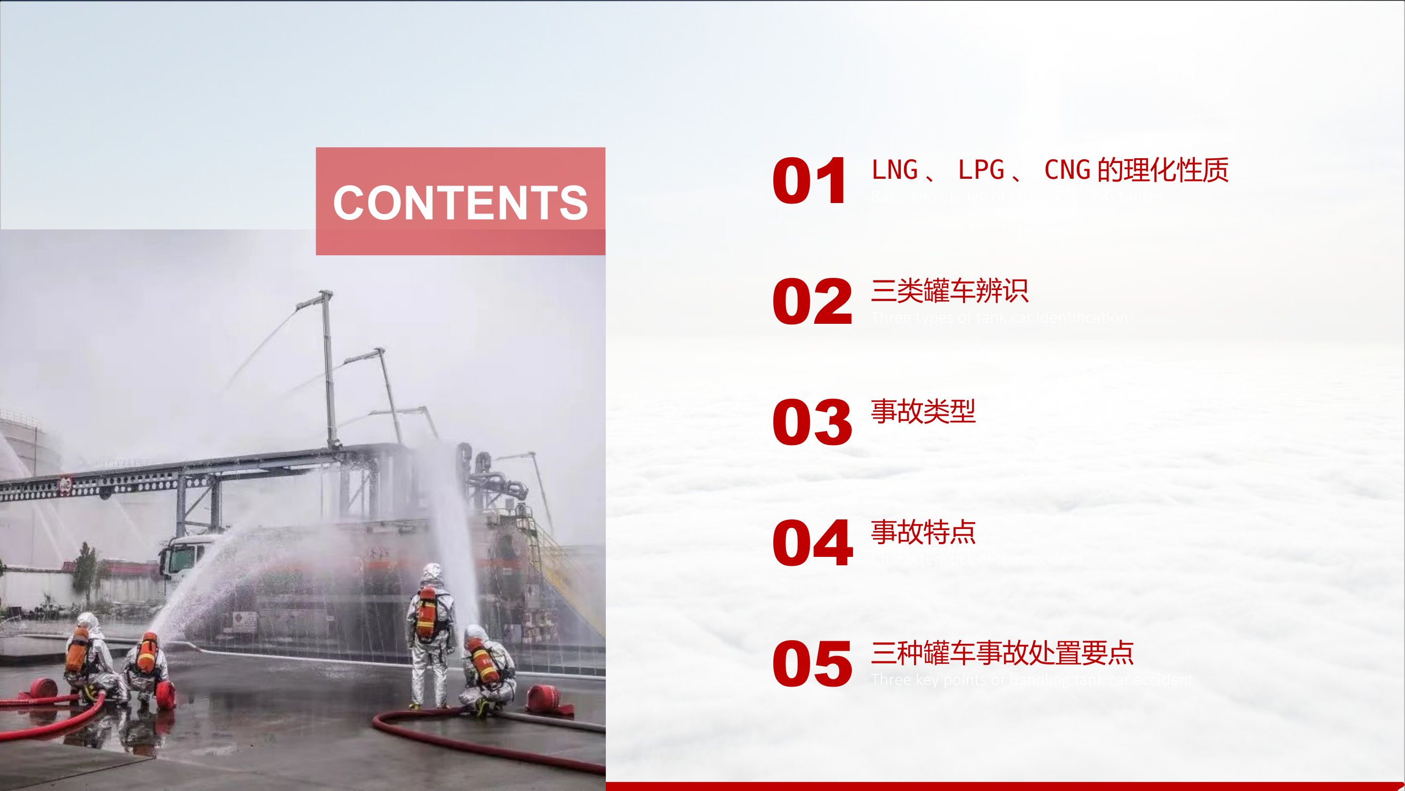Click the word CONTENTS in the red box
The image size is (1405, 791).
pyautogui.click(x=460, y=202)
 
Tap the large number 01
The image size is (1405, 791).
pyautogui.click(x=809, y=181)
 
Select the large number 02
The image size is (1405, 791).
pyautogui.click(x=812, y=301)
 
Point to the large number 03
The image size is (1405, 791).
pyautogui.click(x=812, y=422)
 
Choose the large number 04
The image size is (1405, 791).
pyautogui.click(x=812, y=543)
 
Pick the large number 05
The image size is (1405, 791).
pyautogui.click(x=812, y=664)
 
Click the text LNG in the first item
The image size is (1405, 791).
pyautogui.click(x=895, y=170)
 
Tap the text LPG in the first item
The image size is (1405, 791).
pyautogui.click(x=981, y=170)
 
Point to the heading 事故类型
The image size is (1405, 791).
pyautogui.click(x=923, y=411)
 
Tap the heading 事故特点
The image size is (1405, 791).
pyautogui.click(x=923, y=532)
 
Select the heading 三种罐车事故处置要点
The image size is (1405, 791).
pyautogui.click(x=1003, y=653)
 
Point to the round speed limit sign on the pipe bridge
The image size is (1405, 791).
pyautogui.click(x=65, y=484)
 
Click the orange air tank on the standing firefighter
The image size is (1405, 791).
pyautogui.click(x=427, y=614)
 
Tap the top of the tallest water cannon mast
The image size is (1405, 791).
pyautogui.click(x=326, y=295)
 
